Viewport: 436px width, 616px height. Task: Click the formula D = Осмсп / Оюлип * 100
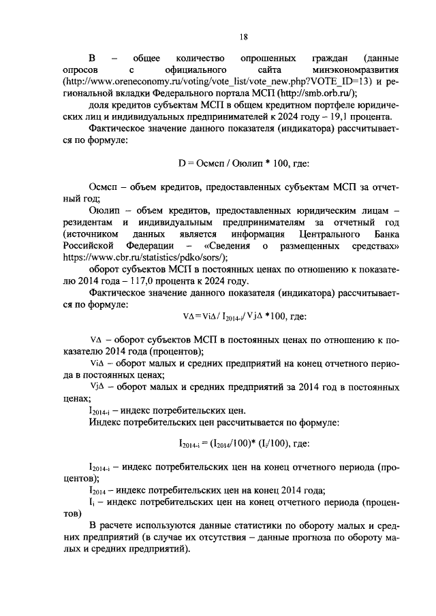point(243,163)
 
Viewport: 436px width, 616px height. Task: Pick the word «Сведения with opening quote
point(228,245)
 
